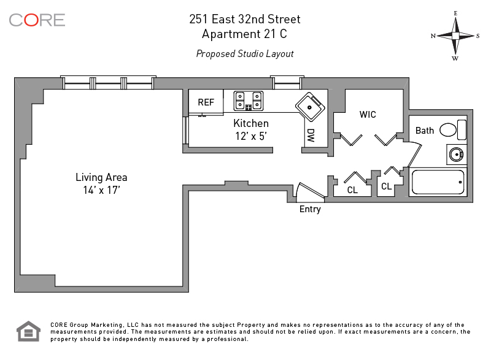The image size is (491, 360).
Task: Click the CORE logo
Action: point(37,20)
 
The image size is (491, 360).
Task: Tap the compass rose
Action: point(455,36)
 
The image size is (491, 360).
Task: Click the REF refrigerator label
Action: point(206,102)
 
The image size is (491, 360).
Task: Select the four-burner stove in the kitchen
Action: point(249,101)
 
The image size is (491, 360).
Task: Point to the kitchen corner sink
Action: point(311,107)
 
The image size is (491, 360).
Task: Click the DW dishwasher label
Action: point(311,136)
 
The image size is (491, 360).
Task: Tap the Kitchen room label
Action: point(251,123)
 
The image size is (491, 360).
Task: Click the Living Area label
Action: point(101,177)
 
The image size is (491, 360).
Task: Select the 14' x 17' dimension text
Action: point(101,190)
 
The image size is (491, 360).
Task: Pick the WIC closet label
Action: point(368,115)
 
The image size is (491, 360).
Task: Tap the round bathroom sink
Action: point(456,154)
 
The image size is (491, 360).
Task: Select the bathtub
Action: point(438,182)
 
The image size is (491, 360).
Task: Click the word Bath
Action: point(425,131)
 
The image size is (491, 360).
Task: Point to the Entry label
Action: point(310,209)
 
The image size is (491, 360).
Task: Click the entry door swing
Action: point(310,190)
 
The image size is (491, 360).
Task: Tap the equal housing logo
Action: point(28,331)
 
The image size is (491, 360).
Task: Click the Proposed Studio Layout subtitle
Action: point(245,54)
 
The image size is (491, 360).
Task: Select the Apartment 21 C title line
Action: point(244,34)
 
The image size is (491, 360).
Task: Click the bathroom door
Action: point(416,155)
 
